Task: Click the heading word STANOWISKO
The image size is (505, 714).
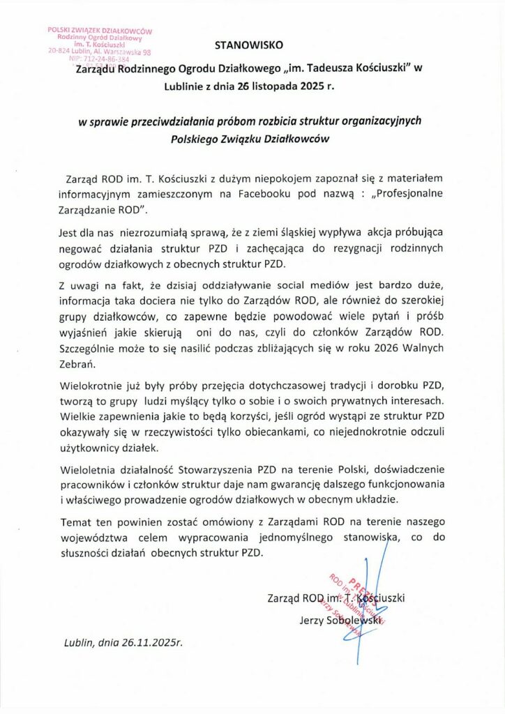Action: [x=249, y=47]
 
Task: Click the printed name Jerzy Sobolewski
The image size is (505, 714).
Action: [x=341, y=618]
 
